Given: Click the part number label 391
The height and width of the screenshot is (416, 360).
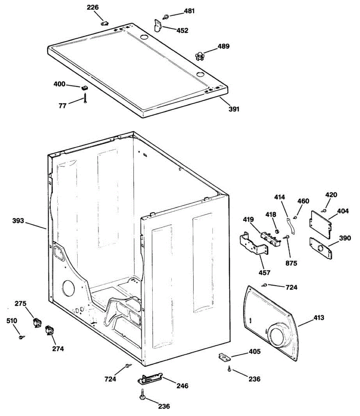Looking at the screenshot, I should [234, 109].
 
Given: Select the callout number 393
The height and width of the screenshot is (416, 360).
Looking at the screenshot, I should [18, 220].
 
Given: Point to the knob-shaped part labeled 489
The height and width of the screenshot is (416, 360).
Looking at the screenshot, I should [199, 55].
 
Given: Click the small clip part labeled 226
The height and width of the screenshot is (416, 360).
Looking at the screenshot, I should [104, 23].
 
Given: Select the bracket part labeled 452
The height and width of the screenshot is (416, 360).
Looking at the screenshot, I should [158, 26].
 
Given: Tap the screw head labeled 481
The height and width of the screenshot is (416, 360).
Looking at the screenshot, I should [167, 16].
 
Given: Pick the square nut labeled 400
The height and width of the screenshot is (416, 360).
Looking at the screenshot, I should [84, 88].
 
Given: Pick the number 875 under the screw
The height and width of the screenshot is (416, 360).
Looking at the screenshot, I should [291, 263].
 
